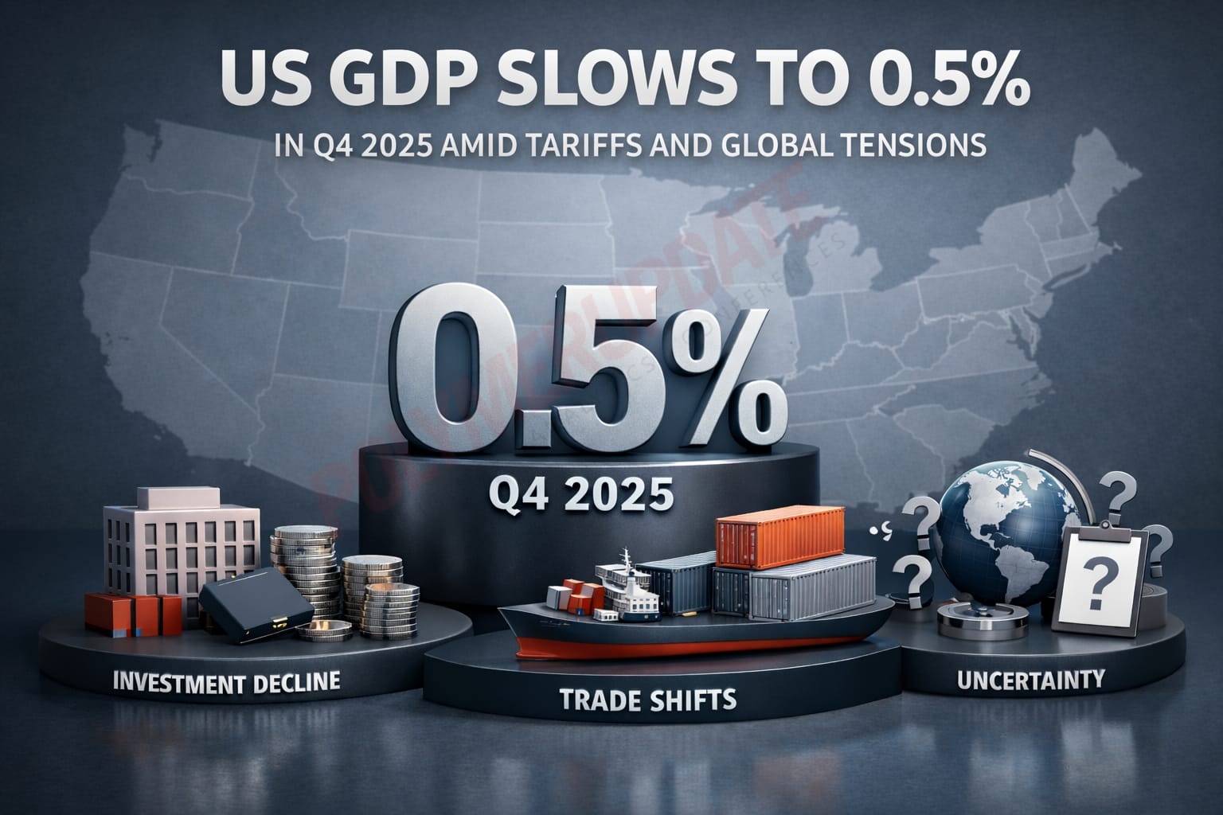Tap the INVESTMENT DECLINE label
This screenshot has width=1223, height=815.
(x=227, y=682)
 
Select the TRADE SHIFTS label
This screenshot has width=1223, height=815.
(x=647, y=700)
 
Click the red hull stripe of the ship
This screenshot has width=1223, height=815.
(x=701, y=646)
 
